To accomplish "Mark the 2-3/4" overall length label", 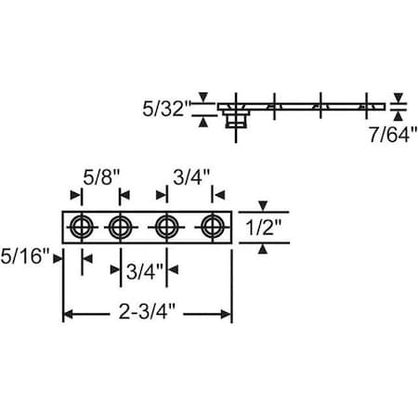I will coord(149,316).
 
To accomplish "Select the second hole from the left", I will coord(119,227).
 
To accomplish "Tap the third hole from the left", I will coord(167,227).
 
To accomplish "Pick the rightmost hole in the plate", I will coord(213,227).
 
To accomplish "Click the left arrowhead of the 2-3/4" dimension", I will coord(69,316).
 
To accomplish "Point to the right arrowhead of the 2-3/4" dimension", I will coord(227,316).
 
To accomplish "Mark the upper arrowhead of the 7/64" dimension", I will coord(398,98).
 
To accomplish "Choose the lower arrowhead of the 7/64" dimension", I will coord(398,116).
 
